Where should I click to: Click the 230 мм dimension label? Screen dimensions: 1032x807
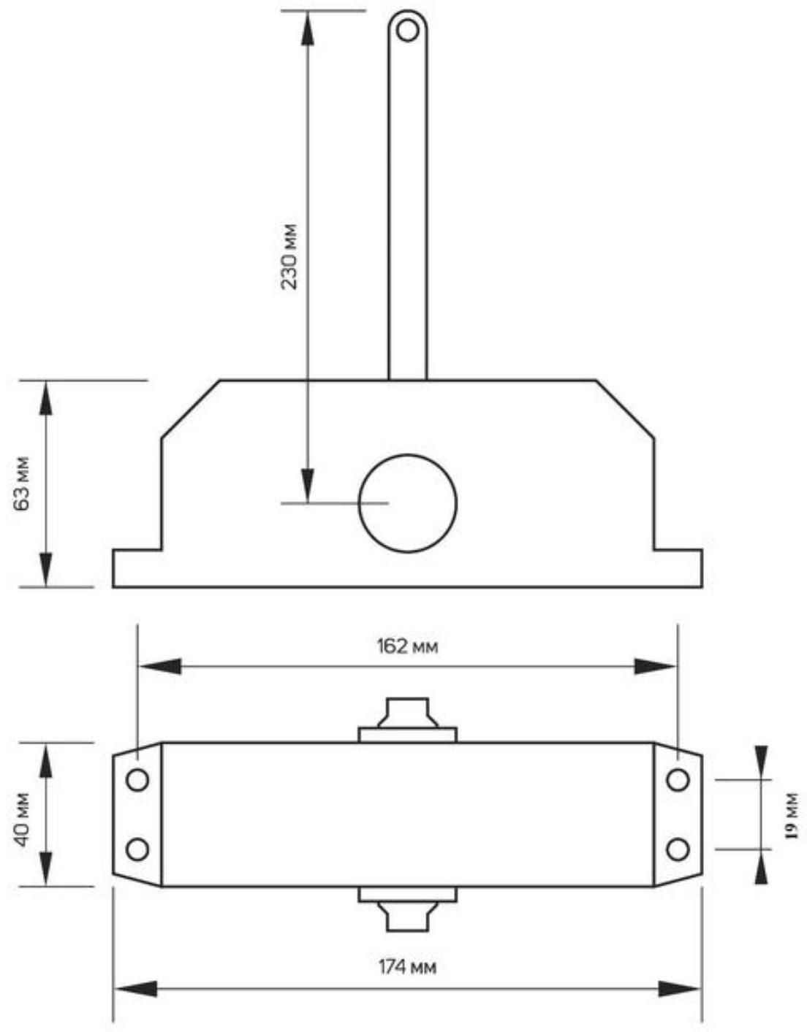(290, 256)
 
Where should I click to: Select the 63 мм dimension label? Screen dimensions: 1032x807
(23, 483)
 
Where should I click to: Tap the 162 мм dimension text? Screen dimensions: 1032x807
(407, 646)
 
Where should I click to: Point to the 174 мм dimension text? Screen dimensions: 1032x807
(407, 968)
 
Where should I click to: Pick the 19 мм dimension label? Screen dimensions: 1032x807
(792, 815)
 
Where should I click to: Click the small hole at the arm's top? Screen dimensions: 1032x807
(407, 31)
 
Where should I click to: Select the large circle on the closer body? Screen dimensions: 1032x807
(407, 503)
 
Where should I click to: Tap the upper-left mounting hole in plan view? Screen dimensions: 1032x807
(137, 780)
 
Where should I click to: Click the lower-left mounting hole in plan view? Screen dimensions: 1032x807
(137, 849)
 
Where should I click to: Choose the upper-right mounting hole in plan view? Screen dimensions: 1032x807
(678, 780)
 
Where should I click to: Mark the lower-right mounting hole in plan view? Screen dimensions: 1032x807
(678, 849)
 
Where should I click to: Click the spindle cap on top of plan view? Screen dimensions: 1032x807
(406, 714)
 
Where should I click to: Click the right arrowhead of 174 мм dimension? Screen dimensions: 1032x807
(680, 990)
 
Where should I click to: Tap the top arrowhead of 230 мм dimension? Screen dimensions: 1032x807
(308, 29)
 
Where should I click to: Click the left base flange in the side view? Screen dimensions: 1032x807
(136, 568)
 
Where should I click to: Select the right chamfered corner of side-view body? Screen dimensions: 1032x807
(626, 410)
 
